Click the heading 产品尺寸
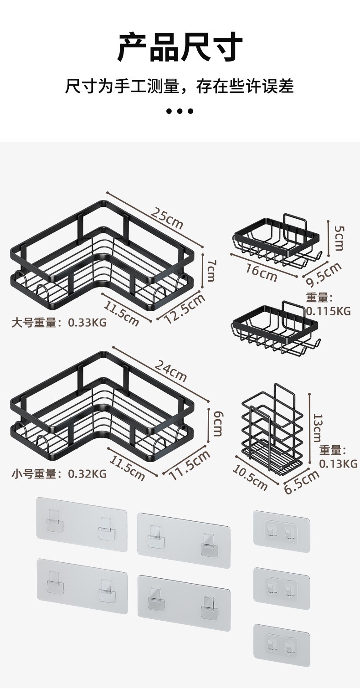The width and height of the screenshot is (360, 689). point(180,46)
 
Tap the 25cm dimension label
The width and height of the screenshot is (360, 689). point(167,218)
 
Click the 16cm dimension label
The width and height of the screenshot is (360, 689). point(261,272)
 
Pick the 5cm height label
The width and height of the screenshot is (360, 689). point(339,238)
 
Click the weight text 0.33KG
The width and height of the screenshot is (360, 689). point(87,323)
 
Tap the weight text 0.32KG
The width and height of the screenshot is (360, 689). point(87,473)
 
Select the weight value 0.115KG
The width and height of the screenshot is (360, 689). point(328,311)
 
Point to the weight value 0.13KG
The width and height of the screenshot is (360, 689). point(338,463)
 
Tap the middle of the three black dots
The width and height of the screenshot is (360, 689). point(180,111)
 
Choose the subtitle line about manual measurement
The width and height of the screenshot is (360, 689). point(180,86)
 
